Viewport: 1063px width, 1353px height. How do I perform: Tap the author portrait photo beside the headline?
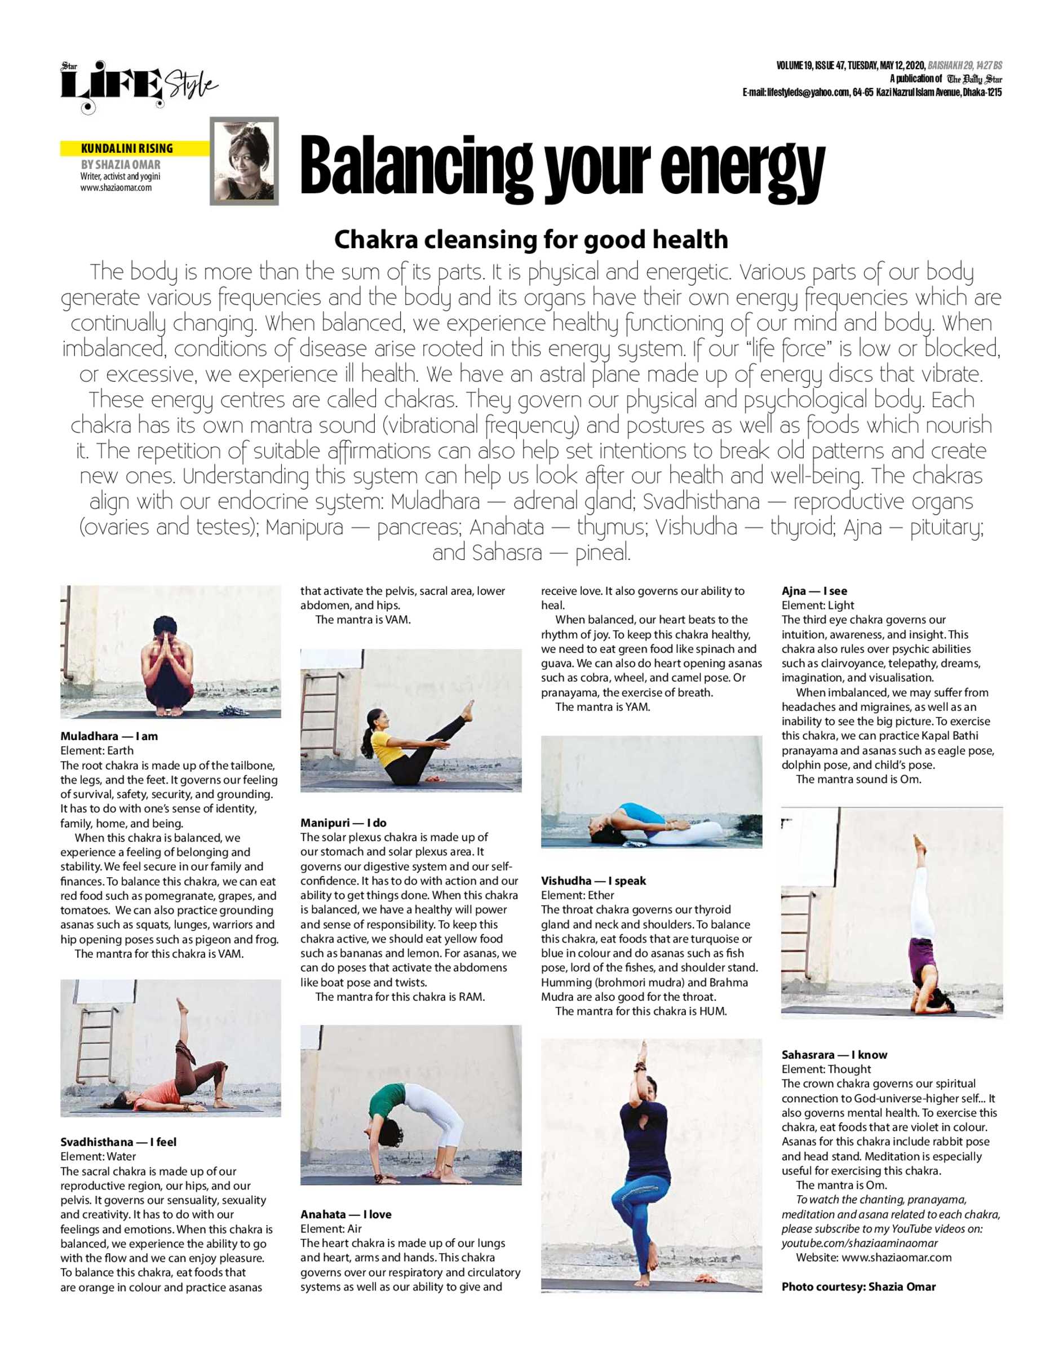(244, 161)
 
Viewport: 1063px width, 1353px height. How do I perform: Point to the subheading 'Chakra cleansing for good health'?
(531, 239)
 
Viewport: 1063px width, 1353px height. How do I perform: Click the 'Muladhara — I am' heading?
(109, 736)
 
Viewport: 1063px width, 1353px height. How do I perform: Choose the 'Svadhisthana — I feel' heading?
(118, 1142)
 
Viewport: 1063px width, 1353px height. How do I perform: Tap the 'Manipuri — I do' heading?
(343, 822)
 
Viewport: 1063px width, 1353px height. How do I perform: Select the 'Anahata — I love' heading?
(346, 1214)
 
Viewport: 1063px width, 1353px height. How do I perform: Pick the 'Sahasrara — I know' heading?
(834, 1054)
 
